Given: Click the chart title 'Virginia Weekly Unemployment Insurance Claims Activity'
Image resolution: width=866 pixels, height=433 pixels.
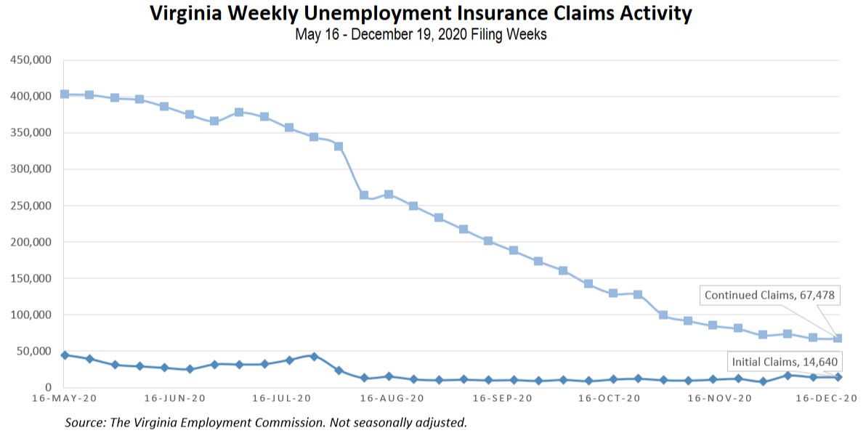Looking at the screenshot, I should pyautogui.click(x=421, y=14).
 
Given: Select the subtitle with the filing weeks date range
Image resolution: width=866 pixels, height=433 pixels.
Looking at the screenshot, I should pyautogui.click(x=421, y=35).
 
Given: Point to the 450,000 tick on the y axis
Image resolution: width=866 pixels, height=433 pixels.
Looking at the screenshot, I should pyautogui.click(x=31, y=60).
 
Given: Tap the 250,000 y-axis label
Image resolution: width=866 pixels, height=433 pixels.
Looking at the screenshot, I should pyautogui.click(x=31, y=206).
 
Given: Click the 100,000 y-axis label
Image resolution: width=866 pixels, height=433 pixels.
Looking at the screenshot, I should pyautogui.click(x=31, y=315).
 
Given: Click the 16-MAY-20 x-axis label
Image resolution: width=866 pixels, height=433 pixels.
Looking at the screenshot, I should pyautogui.click(x=65, y=399).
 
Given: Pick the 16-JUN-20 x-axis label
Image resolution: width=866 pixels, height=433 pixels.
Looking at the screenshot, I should pyautogui.click(x=175, y=399).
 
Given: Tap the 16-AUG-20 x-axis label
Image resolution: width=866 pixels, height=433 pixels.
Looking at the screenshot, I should pyautogui.click(x=393, y=399).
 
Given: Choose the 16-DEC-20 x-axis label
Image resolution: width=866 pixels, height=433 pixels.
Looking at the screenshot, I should pyautogui.click(x=826, y=399).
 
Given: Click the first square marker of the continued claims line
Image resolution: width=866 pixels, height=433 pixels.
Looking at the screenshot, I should pyautogui.click(x=65, y=94).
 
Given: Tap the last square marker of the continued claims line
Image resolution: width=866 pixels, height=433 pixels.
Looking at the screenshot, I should pyautogui.click(x=838, y=338).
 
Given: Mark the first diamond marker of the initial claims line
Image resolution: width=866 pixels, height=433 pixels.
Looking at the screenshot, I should pyautogui.click(x=65, y=355).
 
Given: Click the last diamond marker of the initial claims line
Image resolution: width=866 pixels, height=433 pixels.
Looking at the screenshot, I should pyautogui.click(x=838, y=377).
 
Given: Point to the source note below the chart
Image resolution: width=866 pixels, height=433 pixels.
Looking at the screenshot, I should pyautogui.click(x=266, y=422).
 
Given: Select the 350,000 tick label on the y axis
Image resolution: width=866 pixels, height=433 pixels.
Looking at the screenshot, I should pyautogui.click(x=31, y=133).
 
